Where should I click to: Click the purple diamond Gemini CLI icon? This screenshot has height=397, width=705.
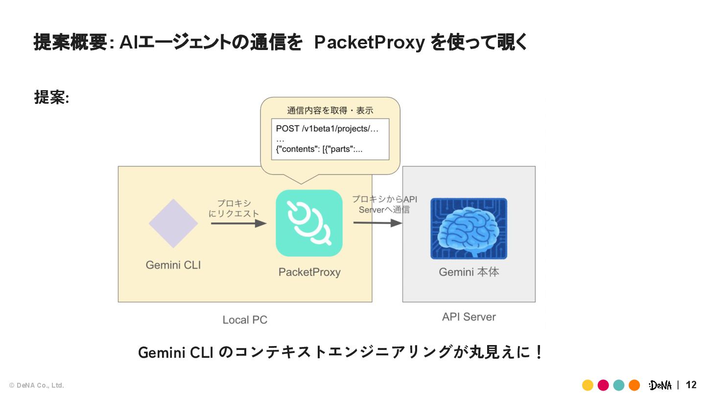(x=173, y=223)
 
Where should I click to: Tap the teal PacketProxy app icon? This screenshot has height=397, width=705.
(x=309, y=223)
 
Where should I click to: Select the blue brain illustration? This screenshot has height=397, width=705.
(x=469, y=229)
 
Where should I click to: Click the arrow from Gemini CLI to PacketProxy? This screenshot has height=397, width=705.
(x=239, y=223)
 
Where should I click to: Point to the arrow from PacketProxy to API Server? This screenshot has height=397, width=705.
(x=377, y=223)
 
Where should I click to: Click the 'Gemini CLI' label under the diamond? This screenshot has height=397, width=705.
(x=173, y=265)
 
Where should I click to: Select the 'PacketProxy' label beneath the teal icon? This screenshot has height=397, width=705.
(x=309, y=272)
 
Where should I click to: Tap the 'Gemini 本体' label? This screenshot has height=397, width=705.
(x=469, y=272)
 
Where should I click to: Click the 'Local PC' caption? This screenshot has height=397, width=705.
(x=245, y=320)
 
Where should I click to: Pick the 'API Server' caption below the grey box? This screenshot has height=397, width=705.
(x=469, y=317)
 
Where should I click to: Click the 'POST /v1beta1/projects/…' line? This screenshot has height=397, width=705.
(x=327, y=128)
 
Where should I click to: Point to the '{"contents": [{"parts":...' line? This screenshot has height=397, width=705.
(x=319, y=149)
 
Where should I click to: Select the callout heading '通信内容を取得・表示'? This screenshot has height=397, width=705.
(x=330, y=110)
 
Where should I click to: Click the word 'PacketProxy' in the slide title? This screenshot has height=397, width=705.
(x=370, y=42)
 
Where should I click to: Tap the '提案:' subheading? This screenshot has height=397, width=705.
(x=51, y=97)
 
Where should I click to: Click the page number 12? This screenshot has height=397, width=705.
(x=691, y=385)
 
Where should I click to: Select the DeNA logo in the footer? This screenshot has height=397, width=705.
(x=660, y=385)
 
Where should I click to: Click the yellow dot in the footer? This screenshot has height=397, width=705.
(x=587, y=385)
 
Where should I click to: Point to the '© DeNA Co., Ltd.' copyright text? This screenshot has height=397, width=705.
(x=37, y=385)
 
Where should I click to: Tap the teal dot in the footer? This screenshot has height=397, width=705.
(x=619, y=385)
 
